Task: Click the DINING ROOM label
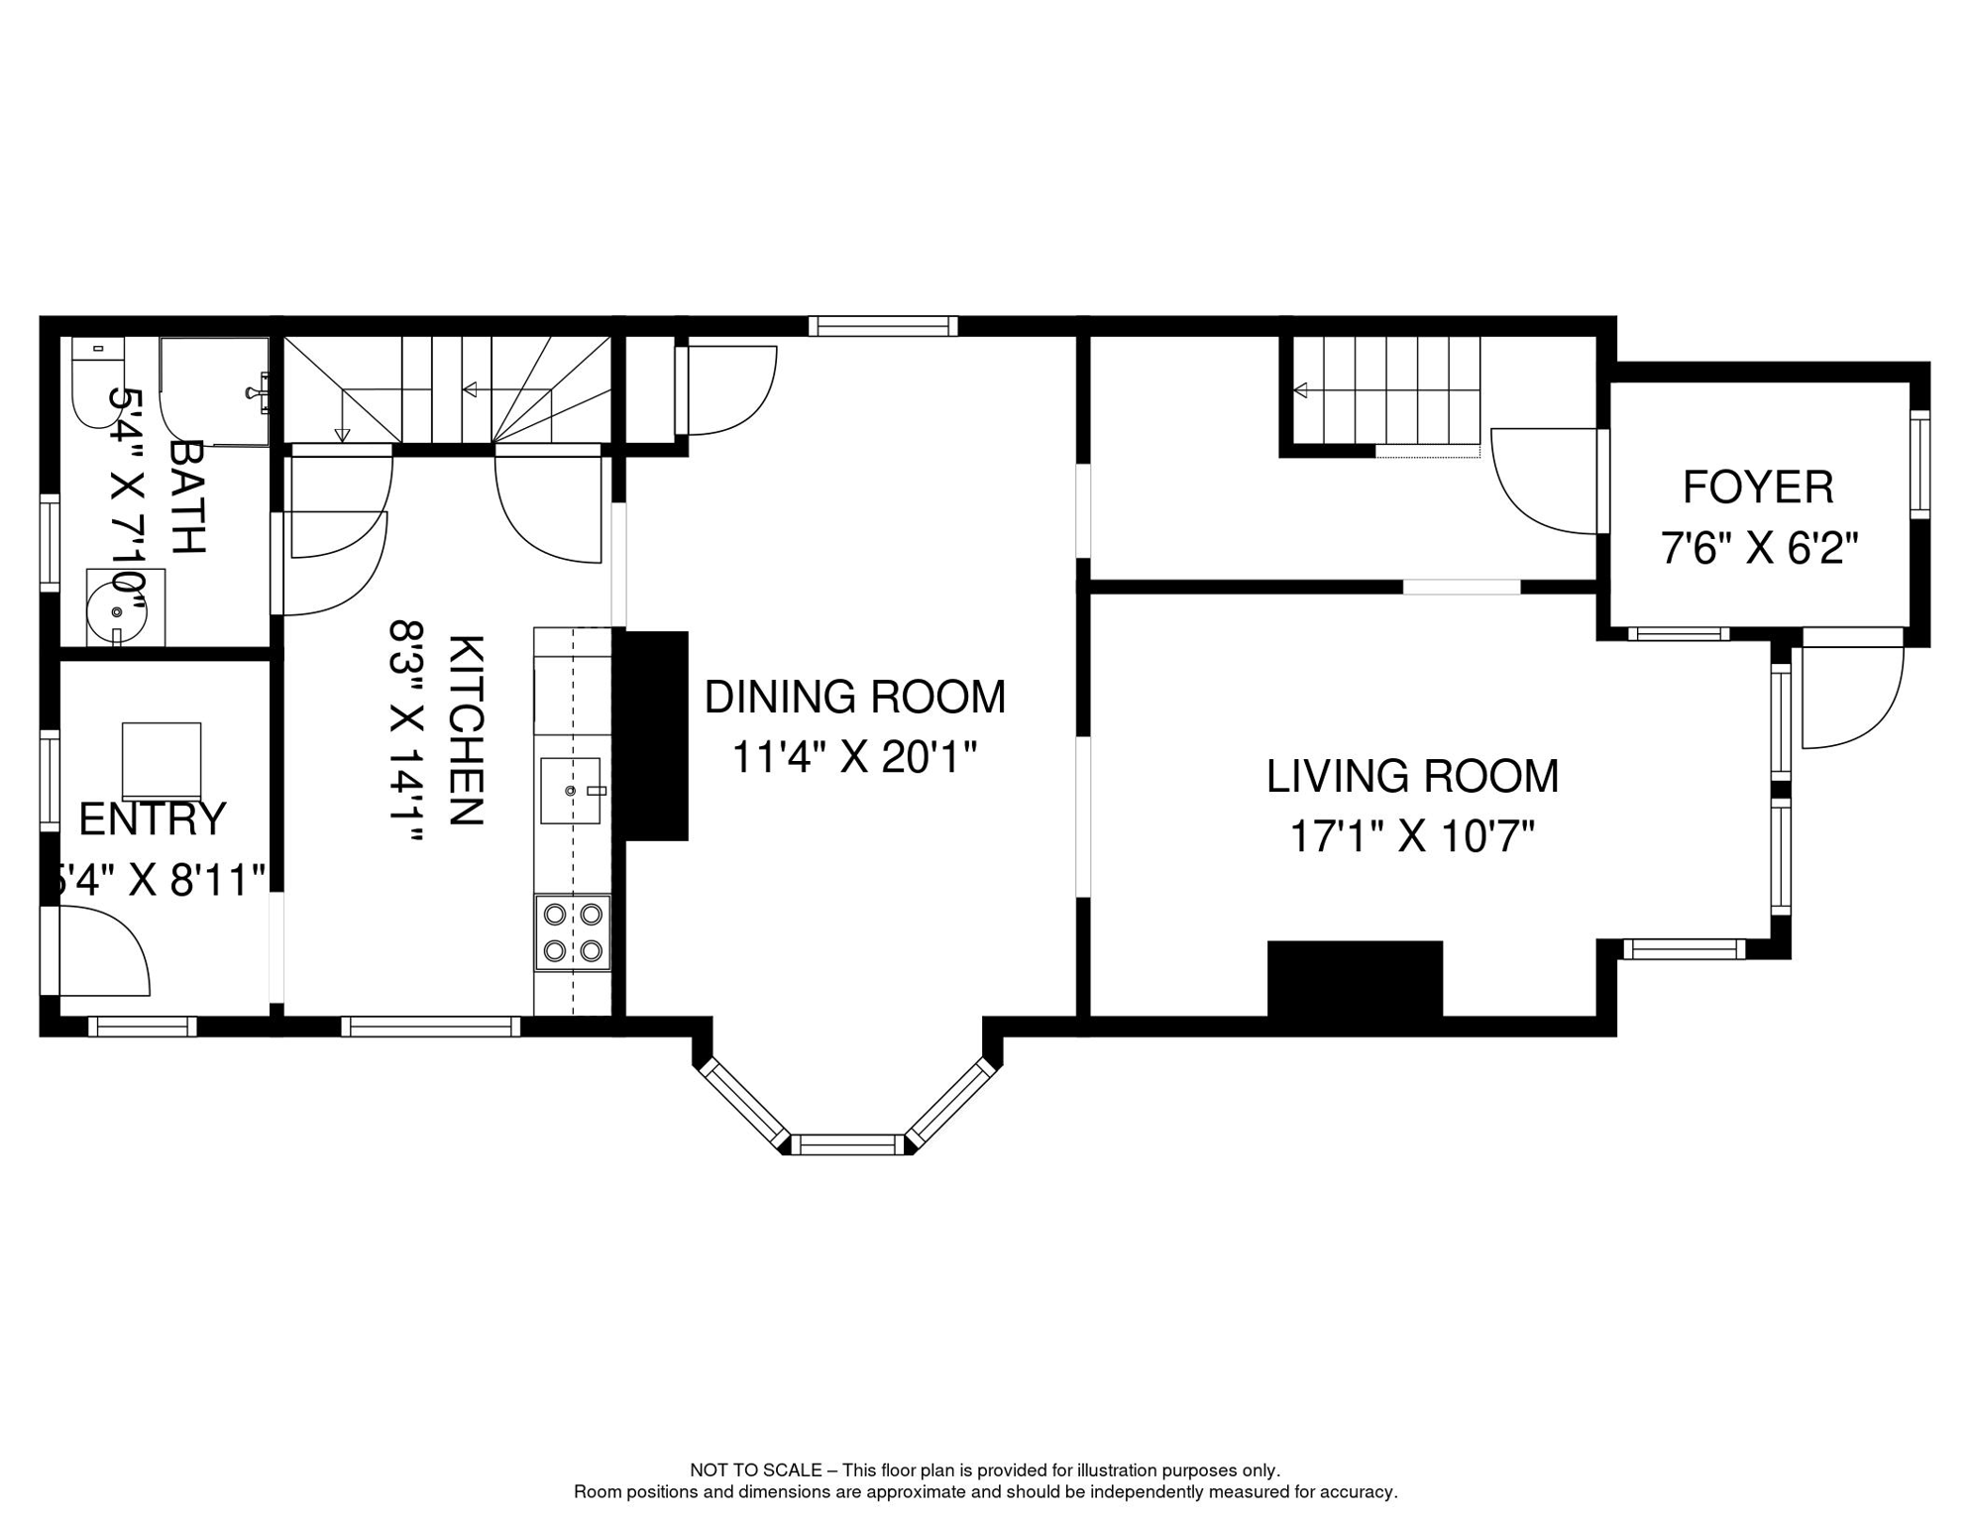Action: [854, 697]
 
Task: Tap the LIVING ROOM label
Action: [1412, 776]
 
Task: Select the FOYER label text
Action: [1758, 487]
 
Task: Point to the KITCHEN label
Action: [466, 730]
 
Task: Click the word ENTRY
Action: [153, 818]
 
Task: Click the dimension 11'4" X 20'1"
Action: [854, 758]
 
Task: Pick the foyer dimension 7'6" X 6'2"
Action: [1758, 548]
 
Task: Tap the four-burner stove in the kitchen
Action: [573, 931]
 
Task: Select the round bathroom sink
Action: [117, 608]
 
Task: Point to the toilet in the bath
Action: [97, 381]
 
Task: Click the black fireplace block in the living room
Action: [1355, 978]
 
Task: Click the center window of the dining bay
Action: [848, 1145]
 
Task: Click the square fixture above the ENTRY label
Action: [162, 761]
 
